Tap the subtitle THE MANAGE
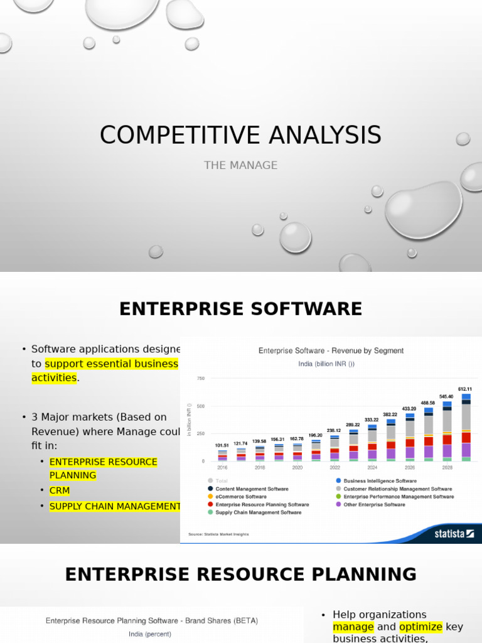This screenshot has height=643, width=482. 240,165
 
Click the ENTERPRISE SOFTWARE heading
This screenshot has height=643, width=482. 240,309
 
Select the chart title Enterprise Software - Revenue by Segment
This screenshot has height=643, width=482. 331,350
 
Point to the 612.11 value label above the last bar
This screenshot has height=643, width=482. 465,389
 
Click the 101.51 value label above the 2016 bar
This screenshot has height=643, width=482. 222,445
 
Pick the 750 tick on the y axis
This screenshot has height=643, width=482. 201,378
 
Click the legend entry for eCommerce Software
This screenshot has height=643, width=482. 240,497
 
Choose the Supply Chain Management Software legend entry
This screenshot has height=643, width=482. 258,512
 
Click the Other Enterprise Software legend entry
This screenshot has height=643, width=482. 374,504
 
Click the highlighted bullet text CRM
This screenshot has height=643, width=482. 60,490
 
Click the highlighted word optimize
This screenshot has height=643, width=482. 420,627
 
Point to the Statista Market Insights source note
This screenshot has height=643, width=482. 218,534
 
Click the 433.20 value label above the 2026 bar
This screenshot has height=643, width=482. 409,408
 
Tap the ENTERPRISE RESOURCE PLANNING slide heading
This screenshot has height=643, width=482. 240,574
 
